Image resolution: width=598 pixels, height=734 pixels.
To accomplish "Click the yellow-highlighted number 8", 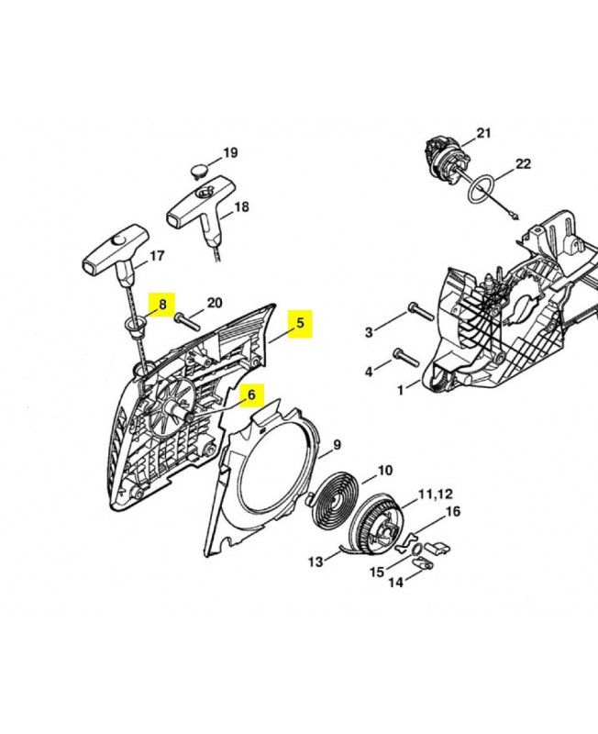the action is click(x=162, y=305).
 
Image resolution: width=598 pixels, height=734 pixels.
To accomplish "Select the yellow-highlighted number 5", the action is click(x=300, y=323).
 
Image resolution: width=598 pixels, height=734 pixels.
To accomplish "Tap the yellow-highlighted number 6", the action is click(x=251, y=395).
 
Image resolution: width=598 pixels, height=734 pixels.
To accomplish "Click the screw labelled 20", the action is click(x=187, y=323).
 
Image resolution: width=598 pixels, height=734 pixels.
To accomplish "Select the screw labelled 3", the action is click(x=421, y=311).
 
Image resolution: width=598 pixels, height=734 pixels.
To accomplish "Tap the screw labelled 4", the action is click(x=406, y=357).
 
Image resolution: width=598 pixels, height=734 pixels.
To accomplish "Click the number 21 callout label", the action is click(x=484, y=133).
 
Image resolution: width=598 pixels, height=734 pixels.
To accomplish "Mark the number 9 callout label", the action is click(x=338, y=445).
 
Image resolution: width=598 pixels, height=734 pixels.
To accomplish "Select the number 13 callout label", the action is click(x=316, y=562).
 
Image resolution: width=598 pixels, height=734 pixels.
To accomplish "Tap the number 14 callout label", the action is click(x=396, y=583).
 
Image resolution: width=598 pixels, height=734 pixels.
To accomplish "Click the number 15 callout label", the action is click(x=377, y=572).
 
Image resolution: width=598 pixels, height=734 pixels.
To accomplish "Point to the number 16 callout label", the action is click(x=453, y=512).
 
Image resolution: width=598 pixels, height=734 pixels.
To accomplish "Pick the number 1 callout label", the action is click(x=400, y=390).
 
